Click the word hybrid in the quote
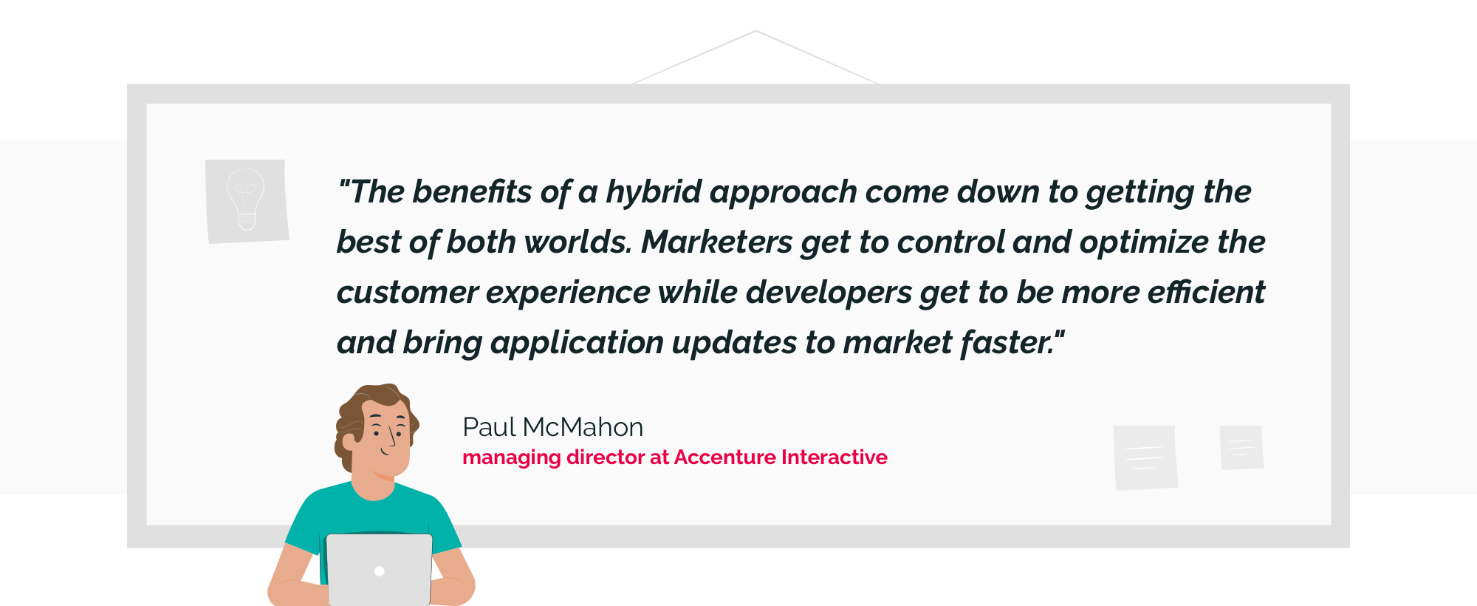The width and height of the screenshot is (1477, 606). point(654,193)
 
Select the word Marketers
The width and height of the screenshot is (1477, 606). point(716,242)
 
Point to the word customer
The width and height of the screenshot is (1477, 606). point(408,293)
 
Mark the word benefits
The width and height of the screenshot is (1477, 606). point(472,192)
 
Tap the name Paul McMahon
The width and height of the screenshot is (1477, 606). point(552,427)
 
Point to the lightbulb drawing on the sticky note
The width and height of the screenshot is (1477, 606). point(246,199)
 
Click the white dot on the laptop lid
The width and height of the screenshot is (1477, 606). point(380,571)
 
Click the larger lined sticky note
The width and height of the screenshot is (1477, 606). point(1145,457)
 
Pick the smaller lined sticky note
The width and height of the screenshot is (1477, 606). point(1241,447)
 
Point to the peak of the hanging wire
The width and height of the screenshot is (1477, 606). point(755,31)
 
